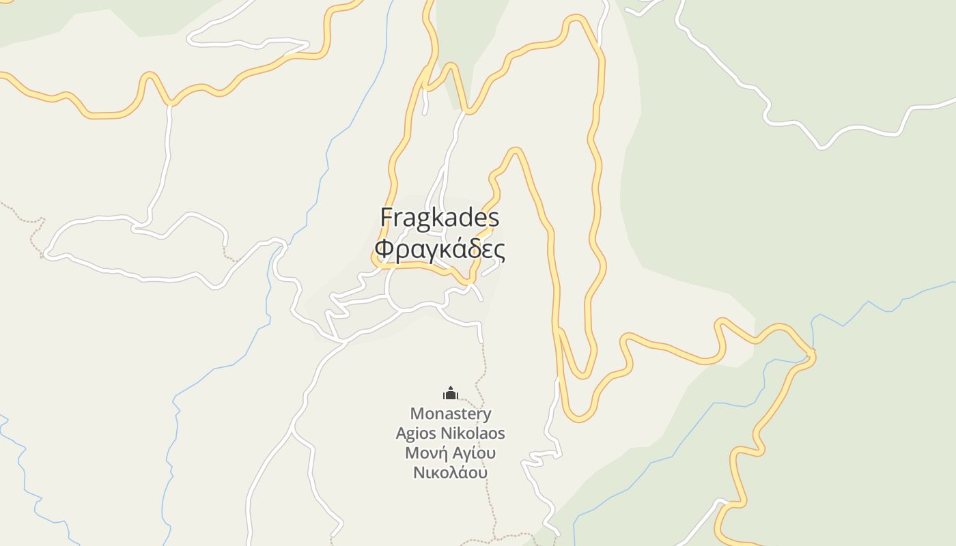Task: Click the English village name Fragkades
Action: [440, 218]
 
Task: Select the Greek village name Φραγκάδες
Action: [440, 250]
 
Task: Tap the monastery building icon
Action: [451, 393]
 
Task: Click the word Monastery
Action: [451, 414]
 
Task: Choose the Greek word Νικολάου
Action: [451, 472]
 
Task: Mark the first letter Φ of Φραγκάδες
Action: [384, 250]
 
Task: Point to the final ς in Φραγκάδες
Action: [500, 252]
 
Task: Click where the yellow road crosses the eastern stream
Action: [810, 354]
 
